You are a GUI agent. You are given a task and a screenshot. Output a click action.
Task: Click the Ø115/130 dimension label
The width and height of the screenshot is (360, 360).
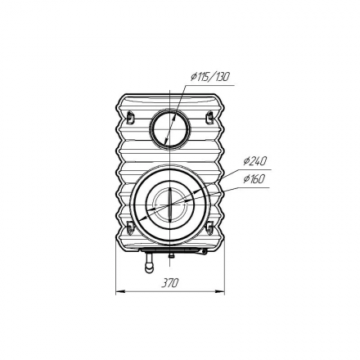point(209,77)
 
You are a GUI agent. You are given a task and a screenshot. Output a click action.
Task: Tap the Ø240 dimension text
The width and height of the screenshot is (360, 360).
point(254,162)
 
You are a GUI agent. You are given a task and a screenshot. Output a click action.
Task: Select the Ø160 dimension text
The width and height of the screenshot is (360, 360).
point(254,179)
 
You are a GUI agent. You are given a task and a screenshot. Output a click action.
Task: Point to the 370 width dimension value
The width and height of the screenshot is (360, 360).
point(169,283)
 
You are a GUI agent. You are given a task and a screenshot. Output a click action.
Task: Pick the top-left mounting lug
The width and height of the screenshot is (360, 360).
point(130,117)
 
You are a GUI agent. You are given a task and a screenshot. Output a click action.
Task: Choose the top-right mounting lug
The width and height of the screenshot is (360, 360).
point(209,117)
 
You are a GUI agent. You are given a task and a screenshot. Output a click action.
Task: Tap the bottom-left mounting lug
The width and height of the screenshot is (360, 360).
point(130,227)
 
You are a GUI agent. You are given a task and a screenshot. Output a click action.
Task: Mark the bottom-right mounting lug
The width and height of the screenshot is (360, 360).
point(209,227)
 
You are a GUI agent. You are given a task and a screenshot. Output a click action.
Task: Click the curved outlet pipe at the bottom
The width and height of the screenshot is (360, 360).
point(149,263)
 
